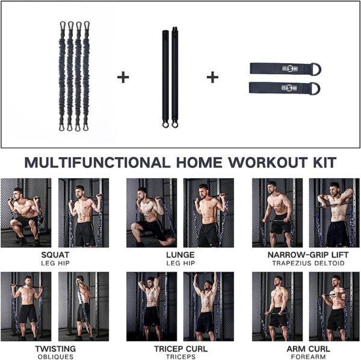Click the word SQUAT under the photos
[x=55, y=255]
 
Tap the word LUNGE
[x=180, y=255]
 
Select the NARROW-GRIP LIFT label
[x=305, y=255]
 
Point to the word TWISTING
[x=55, y=349]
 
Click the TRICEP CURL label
[x=180, y=349]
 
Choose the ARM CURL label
[x=305, y=349]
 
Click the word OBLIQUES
[x=55, y=356]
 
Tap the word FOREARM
[x=305, y=356]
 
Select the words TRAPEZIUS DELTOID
[x=305, y=262]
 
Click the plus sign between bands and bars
[x=123, y=77]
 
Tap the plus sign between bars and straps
[x=212, y=77]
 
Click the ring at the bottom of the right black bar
[x=175, y=125]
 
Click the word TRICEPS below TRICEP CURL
[x=180, y=356]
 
